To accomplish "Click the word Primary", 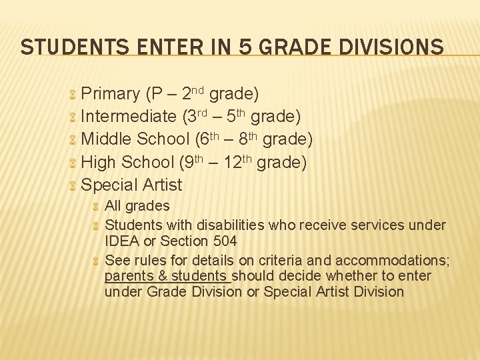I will click(110, 94).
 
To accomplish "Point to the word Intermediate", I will click(128, 117).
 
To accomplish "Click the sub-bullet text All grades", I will click(137, 206).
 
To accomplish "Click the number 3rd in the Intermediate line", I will click(196, 116).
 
